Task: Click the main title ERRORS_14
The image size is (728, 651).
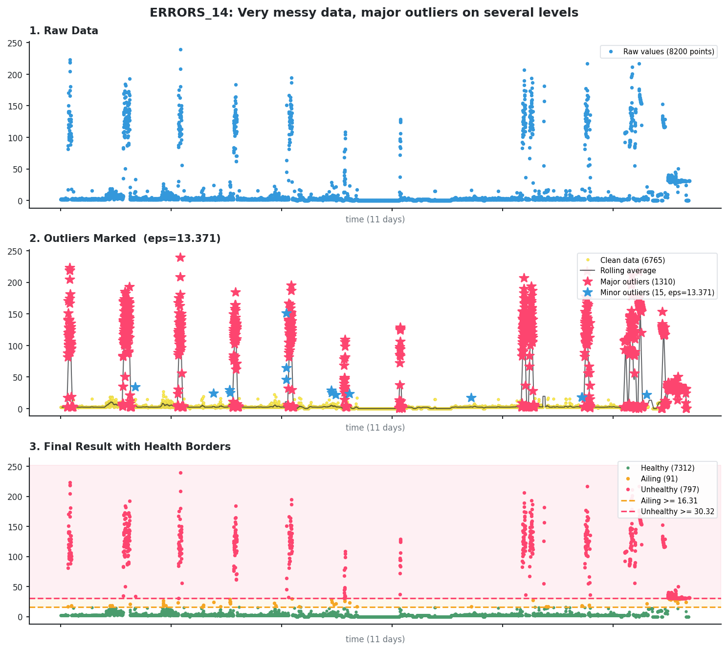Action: (x=364, y=13)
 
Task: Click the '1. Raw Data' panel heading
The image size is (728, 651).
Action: (x=64, y=31)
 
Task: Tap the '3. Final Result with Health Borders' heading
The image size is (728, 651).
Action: (x=130, y=447)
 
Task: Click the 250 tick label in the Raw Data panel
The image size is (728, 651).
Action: (x=16, y=43)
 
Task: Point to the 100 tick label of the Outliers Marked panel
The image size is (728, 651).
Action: (x=16, y=346)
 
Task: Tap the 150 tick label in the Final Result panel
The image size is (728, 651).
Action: (x=16, y=527)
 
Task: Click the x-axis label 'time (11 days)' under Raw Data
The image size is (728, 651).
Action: (x=375, y=220)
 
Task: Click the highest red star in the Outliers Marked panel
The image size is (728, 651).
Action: (x=180, y=258)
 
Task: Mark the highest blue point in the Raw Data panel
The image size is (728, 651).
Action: (x=180, y=49)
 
